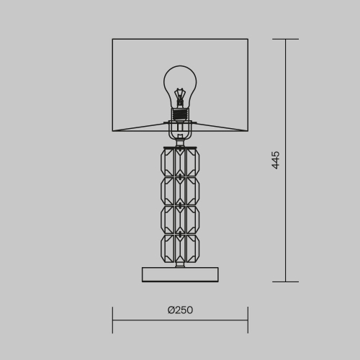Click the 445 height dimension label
pyautogui.click(x=276, y=160)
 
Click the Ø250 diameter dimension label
pyautogui.click(x=180, y=310)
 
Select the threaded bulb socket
pyautogui.click(x=180, y=114)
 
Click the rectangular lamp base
pyautogui.click(x=180, y=274)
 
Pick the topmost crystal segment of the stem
pyautogui.click(x=180, y=163)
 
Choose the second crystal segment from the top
pyautogui.click(x=180, y=191)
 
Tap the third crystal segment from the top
pyautogui.click(x=180, y=220)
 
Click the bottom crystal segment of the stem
pyautogui.click(x=180, y=248)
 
